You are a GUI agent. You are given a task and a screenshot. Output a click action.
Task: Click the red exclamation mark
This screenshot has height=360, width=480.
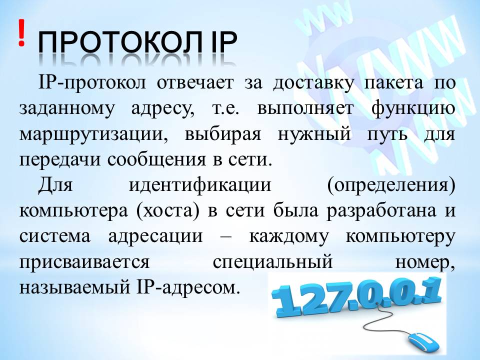click(x=21, y=33)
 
